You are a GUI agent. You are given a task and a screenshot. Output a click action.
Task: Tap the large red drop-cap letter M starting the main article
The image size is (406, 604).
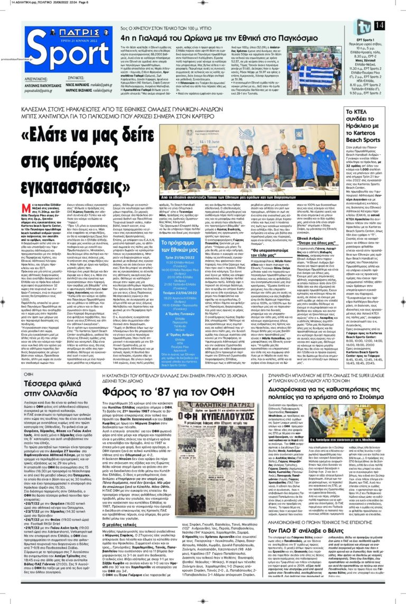coord(11,209)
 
